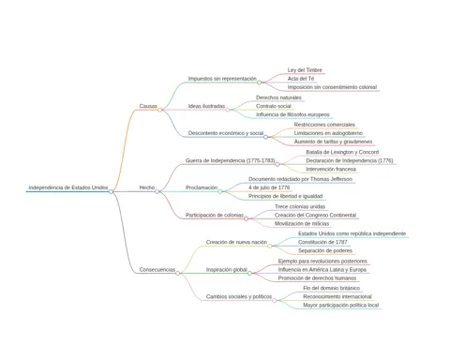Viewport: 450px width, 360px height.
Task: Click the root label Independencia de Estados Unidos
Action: [x=68, y=187]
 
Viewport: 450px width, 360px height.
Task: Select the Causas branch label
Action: [x=148, y=106]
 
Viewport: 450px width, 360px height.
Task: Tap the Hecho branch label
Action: [x=147, y=187]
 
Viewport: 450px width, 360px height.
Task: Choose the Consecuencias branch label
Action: [x=157, y=269]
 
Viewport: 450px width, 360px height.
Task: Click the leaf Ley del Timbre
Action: [x=305, y=70]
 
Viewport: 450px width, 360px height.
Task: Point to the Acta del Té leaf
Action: [x=301, y=79]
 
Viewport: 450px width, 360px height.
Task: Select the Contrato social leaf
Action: [x=274, y=106]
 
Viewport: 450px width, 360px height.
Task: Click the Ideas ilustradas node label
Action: [x=206, y=106]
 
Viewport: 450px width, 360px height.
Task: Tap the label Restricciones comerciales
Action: [x=324, y=125]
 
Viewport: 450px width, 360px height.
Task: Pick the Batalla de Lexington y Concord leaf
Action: [x=342, y=152]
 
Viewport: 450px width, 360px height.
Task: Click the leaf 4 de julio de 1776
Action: [x=269, y=187]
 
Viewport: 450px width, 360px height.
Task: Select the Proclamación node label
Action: [x=202, y=187]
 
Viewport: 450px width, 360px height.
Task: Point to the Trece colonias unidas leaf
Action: [x=300, y=206]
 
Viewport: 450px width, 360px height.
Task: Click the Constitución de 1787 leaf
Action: [x=322, y=242]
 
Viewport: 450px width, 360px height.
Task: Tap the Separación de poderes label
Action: [x=325, y=250]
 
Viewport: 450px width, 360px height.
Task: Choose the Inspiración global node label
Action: [x=227, y=269]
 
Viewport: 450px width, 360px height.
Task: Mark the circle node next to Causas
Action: [x=159, y=110]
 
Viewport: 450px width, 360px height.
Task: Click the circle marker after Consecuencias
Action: [x=178, y=273]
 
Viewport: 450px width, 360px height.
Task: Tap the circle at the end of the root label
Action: [x=111, y=191]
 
